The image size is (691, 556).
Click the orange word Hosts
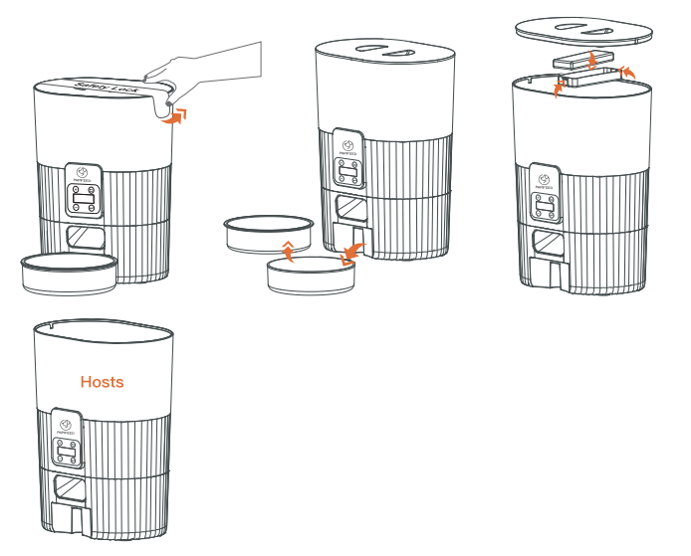[102, 381]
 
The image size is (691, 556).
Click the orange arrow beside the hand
[175, 117]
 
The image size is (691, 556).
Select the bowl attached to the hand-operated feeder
[69, 271]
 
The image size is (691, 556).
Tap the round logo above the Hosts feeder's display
[67, 423]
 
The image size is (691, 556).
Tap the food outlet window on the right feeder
[546, 242]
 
